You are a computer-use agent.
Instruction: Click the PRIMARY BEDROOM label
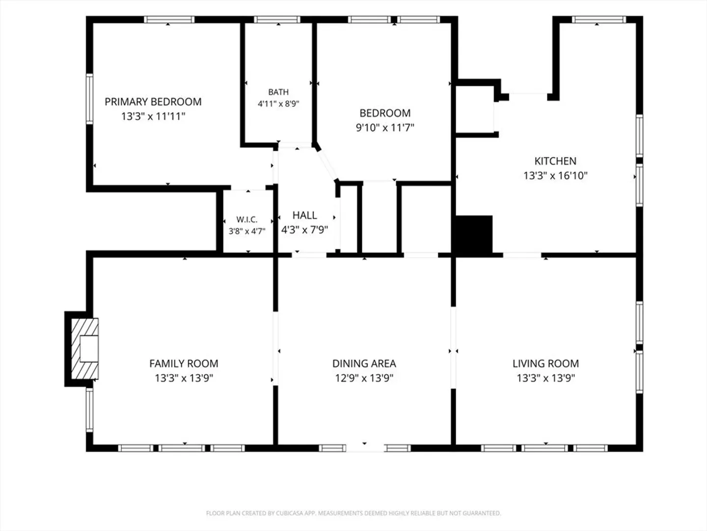153,102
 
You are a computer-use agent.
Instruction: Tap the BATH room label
278,92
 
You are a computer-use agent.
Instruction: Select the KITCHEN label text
555,161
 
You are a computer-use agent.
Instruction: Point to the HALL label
305,215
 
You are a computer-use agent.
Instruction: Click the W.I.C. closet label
247,220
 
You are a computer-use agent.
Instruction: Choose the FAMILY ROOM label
184,364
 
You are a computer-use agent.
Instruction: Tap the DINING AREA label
364,364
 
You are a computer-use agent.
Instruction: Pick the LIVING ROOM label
545,364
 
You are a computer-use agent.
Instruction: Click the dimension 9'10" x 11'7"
385,128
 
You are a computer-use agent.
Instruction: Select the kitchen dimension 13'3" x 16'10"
555,176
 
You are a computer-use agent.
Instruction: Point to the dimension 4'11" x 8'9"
278,104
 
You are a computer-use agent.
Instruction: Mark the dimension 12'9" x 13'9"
364,378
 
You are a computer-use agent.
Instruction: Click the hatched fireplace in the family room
84,349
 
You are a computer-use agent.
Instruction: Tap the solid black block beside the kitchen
473,235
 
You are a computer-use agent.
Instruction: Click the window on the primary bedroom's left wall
89,99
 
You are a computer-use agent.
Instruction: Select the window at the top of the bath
277,20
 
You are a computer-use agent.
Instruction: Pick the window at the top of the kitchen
599,20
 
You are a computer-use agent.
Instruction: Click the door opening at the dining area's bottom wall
365,448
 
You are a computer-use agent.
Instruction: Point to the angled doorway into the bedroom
327,165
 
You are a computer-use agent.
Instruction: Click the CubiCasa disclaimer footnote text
353,513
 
